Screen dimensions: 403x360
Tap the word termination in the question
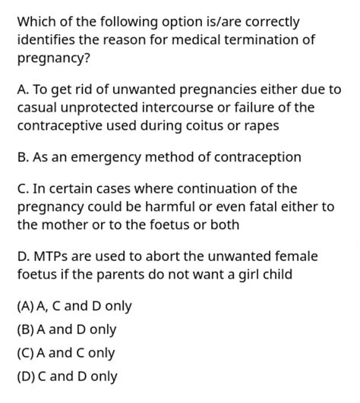260,39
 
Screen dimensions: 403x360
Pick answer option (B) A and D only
66,330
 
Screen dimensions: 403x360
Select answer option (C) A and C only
65,353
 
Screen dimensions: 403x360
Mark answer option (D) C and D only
67,376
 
